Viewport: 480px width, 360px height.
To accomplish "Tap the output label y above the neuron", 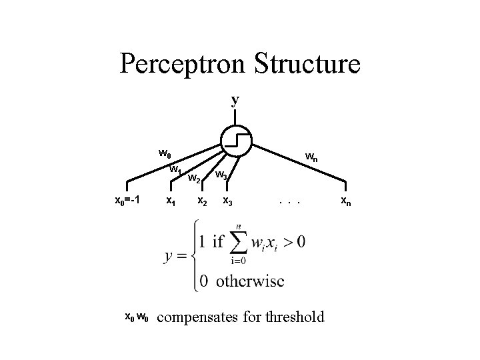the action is pos(235,100).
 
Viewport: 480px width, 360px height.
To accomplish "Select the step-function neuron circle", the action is pos(235,139).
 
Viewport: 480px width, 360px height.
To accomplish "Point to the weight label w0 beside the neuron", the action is pos(165,153).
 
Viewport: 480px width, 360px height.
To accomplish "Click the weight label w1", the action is pos(176,169).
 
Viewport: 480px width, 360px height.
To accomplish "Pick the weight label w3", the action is pos(222,175).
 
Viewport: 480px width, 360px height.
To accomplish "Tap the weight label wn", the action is pos(311,157).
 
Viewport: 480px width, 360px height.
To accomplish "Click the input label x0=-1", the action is pos(127,200).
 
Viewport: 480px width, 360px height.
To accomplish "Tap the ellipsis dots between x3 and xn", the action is pos(291,200).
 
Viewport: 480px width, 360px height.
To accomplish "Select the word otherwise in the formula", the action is pos(249,281).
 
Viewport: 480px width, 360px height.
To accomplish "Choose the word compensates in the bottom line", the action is pos(200,318).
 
